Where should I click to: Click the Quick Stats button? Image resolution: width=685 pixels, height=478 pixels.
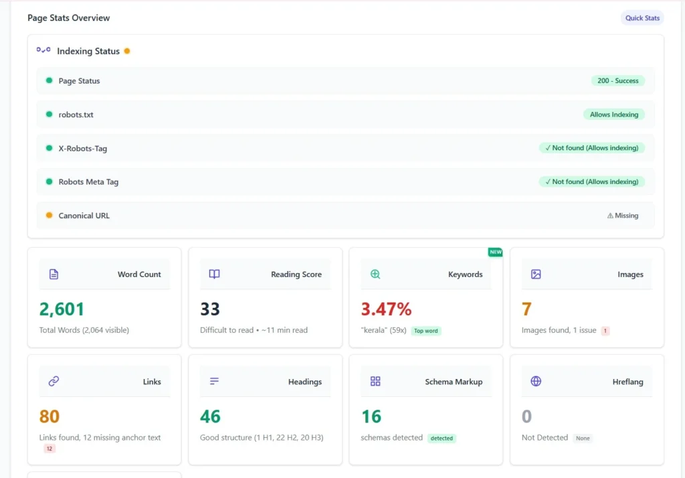(x=642, y=18)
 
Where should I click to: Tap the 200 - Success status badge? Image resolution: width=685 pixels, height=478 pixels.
(x=617, y=81)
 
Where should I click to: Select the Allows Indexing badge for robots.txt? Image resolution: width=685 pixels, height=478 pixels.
(x=613, y=114)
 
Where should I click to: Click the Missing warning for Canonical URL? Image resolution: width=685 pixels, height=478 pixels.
(x=622, y=216)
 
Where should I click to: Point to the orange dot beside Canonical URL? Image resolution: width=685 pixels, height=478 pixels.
(x=49, y=216)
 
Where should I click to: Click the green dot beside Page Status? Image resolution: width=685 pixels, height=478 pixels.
(x=49, y=81)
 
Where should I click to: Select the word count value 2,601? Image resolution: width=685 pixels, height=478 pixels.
(x=62, y=309)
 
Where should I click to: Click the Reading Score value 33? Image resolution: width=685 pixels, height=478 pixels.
(x=210, y=309)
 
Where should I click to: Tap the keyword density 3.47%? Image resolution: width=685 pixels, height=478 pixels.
(x=386, y=309)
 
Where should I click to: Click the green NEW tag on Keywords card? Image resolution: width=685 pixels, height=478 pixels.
(x=495, y=252)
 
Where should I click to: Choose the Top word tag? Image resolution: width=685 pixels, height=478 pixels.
(x=426, y=331)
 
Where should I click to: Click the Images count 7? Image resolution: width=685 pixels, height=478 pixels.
(x=526, y=309)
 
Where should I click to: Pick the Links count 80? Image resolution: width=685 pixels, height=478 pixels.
(x=50, y=416)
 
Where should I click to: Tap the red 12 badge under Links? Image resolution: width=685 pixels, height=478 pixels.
(x=50, y=449)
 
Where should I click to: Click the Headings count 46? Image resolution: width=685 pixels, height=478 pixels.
(x=210, y=416)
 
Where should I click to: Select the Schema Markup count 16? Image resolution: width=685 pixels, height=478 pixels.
(x=371, y=416)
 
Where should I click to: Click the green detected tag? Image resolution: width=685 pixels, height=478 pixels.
(x=442, y=439)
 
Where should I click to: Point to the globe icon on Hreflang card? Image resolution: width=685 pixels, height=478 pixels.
(x=536, y=382)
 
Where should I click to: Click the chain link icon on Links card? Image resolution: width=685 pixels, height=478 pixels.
(x=54, y=382)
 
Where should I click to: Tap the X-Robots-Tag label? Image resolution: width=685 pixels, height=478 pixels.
(x=82, y=149)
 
